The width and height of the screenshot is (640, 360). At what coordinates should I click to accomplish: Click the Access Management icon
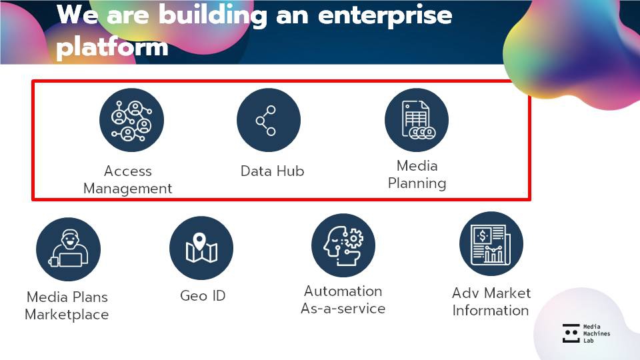pyautogui.click(x=131, y=120)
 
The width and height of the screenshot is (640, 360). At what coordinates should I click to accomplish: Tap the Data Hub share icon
pyautogui.click(x=268, y=120)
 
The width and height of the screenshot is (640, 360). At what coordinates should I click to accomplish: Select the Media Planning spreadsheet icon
pyautogui.click(x=416, y=120)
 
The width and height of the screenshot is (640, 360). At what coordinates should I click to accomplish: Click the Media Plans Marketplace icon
pyautogui.click(x=68, y=249)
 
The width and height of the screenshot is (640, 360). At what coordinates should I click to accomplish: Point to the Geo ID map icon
pyautogui.click(x=201, y=248)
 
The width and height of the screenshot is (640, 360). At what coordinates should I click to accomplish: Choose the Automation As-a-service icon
pyautogui.click(x=343, y=245)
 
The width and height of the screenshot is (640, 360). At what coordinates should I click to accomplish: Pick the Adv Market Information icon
pyautogui.click(x=491, y=243)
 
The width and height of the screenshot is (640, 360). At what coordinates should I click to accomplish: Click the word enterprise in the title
pyautogui.click(x=385, y=15)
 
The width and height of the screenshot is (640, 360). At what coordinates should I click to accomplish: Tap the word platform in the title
pyautogui.click(x=112, y=47)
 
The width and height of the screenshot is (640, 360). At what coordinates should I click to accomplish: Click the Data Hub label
pyautogui.click(x=272, y=171)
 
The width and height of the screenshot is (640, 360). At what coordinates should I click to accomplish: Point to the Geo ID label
pyautogui.click(x=203, y=295)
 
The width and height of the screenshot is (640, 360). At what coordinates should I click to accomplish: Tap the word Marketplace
pyautogui.click(x=67, y=315)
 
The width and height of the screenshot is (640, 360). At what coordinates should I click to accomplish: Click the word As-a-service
pyautogui.click(x=343, y=309)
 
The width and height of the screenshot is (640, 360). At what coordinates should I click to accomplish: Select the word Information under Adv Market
pyautogui.click(x=491, y=311)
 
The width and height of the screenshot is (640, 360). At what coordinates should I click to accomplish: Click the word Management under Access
pyautogui.click(x=128, y=189)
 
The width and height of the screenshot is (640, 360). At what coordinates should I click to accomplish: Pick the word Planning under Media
pyautogui.click(x=417, y=183)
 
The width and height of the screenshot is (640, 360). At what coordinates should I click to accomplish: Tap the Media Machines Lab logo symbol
pyautogui.click(x=571, y=333)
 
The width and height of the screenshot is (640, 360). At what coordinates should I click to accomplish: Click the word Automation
pyautogui.click(x=343, y=291)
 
